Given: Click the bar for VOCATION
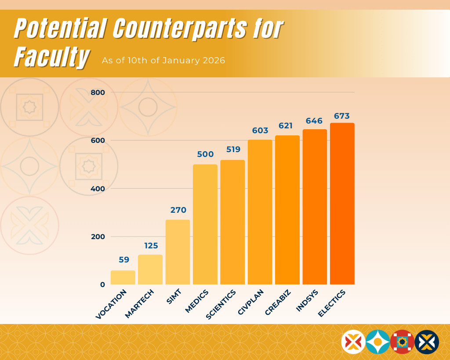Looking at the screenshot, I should pyautogui.click(x=123, y=277).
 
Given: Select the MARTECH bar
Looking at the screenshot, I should pyautogui.click(x=150, y=269).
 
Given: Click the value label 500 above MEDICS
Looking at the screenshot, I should pyautogui.click(x=205, y=154).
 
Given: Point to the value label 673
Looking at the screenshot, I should pyautogui.click(x=341, y=116).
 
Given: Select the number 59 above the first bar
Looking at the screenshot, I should pyautogui.click(x=124, y=260).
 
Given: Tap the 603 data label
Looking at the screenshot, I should pyautogui.click(x=260, y=131).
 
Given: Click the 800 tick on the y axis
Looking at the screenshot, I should pyautogui.click(x=98, y=92).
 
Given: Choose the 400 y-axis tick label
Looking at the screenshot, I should pyautogui.click(x=98, y=189).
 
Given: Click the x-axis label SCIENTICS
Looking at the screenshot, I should pyautogui.click(x=221, y=304).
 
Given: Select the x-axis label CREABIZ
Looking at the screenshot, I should pyautogui.click(x=277, y=302).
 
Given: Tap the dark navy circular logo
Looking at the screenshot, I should pyautogui.click(x=427, y=342).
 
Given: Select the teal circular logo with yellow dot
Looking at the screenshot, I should pyautogui.click(x=377, y=342).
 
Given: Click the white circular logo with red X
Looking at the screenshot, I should pyautogui.click(x=353, y=342).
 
